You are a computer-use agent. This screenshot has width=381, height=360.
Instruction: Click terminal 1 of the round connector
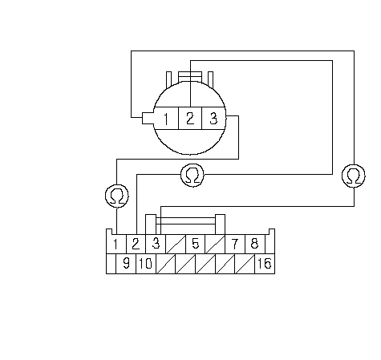pos(166,119)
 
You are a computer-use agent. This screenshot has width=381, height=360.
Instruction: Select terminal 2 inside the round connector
pos(190,119)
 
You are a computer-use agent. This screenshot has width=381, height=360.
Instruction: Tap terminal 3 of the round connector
pos(213,119)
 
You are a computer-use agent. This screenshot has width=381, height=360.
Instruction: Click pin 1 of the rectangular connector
pos(116,244)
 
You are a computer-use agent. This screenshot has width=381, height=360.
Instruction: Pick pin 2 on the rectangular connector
pos(136,244)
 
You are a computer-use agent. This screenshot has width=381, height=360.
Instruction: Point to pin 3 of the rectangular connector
pos(156,244)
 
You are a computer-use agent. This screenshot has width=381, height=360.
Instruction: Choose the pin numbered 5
pos(196,244)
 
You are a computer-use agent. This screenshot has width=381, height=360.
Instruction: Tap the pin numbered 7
pos(235,244)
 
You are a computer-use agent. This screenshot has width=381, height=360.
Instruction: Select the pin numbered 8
pos(255,244)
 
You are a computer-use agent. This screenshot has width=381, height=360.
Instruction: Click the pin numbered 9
pos(126,264)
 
